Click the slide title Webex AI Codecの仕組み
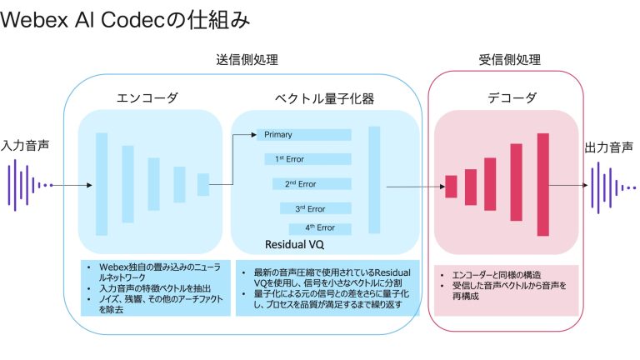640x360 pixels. [125, 20]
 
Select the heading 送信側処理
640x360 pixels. [247, 60]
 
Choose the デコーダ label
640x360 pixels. [505, 98]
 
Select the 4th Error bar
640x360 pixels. [321, 227]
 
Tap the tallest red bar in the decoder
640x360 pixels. [543, 185]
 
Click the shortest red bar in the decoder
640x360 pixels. [452, 186]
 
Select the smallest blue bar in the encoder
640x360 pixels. [202, 184]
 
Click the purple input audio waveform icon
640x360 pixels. [28, 185]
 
